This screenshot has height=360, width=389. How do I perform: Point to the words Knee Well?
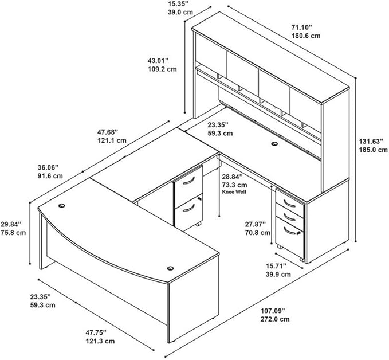click(234, 192)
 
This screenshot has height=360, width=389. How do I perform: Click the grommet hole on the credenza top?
click(274, 143)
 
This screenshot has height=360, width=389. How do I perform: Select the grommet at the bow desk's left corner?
click(62, 205)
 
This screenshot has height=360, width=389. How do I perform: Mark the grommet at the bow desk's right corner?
click(170, 268)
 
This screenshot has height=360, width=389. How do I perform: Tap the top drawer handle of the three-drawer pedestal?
click(290, 204)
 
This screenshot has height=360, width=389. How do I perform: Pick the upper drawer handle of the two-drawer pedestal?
click(188, 181)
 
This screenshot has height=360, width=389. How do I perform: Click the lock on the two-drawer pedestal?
click(199, 198)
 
